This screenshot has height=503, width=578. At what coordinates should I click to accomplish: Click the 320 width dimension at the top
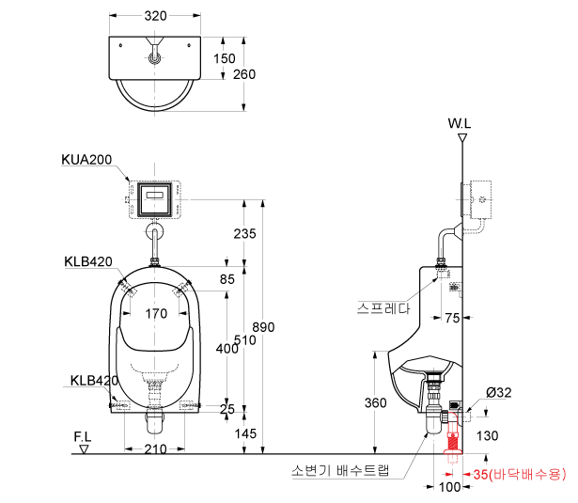(155, 16)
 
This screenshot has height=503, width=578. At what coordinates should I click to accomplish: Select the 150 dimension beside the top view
(224, 58)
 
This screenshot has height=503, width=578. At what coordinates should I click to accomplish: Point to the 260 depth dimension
(244, 74)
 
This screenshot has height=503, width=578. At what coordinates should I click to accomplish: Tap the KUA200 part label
(86, 159)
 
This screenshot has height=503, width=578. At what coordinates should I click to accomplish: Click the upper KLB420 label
(88, 261)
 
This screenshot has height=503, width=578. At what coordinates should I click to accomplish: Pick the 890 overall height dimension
(263, 327)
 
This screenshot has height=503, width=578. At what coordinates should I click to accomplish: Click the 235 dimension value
(244, 233)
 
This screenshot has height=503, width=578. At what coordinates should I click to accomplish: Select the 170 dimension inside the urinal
(156, 313)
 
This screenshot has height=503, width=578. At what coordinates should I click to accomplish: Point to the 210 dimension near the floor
(155, 448)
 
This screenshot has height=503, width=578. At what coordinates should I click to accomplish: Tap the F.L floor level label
(82, 437)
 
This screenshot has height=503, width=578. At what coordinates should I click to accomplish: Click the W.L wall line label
(460, 123)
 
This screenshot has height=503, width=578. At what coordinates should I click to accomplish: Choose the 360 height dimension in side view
(376, 402)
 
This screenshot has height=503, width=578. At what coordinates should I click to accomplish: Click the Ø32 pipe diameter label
(499, 392)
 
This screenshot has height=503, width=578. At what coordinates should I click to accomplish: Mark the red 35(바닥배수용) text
(520, 474)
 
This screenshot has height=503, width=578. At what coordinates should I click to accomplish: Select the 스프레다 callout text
(383, 308)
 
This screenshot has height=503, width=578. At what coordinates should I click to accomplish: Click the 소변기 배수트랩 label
(340, 470)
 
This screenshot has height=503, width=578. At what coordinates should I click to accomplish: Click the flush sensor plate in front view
(155, 199)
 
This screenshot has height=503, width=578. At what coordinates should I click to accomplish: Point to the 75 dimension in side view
(452, 318)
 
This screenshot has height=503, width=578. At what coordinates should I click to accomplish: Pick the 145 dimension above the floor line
(245, 433)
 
